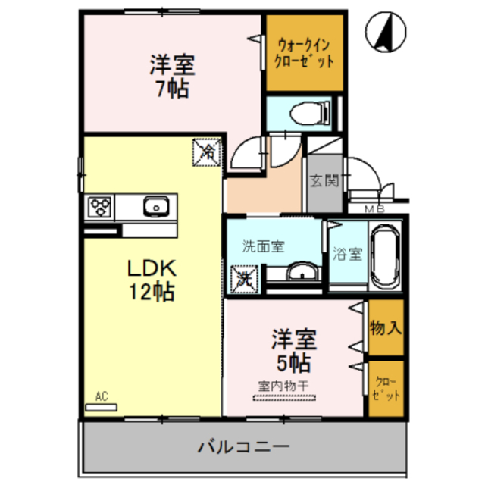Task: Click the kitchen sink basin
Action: (x=155, y=205)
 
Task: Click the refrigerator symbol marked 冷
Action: (x=207, y=151)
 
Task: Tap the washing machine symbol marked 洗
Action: (x=245, y=277)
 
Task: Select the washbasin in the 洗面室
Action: (x=303, y=272)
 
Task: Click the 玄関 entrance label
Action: (x=324, y=181)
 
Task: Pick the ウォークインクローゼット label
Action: (x=302, y=54)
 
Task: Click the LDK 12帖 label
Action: (x=151, y=278)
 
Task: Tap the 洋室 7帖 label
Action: (x=172, y=76)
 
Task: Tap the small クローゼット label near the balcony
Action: (x=386, y=390)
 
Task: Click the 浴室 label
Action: (x=347, y=255)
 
